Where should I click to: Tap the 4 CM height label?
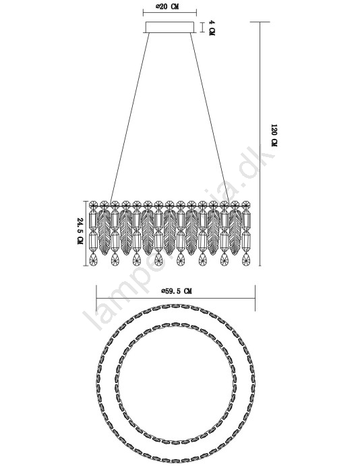pyautogui.click(x=212, y=28)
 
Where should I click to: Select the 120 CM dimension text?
pyautogui.click(x=274, y=136)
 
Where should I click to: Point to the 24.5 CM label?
pyautogui.click(x=80, y=231)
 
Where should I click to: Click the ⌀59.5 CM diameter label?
pyautogui.click(x=176, y=291)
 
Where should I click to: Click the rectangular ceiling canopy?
pyautogui.click(x=170, y=27)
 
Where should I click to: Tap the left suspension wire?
pyautogui.click(x=130, y=117)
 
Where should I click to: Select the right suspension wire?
pyautogui.click(x=210, y=117)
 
